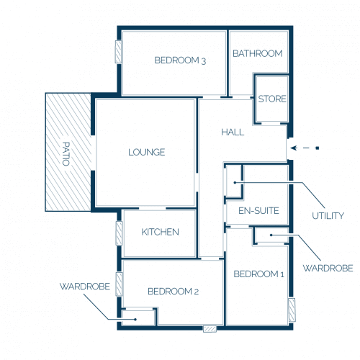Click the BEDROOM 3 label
(x=180, y=60)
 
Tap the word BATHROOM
(x=258, y=53)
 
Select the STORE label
(x=272, y=99)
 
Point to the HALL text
(x=233, y=132)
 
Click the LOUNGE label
(x=147, y=152)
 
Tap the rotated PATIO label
(x=66, y=154)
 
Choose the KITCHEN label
(x=160, y=232)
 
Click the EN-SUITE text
(x=258, y=211)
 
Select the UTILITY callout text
(x=328, y=216)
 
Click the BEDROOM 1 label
(x=258, y=274)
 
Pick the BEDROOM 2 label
(x=173, y=292)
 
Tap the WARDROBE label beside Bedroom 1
(x=328, y=268)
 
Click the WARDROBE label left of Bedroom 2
(x=85, y=287)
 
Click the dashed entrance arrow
(x=305, y=148)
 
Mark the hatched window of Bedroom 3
(x=118, y=52)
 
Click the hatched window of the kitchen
(x=119, y=233)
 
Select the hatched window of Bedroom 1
(x=292, y=310)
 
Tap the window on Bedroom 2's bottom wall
(x=210, y=329)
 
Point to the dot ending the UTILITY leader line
(x=235, y=183)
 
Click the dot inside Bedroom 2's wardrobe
(x=135, y=320)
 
